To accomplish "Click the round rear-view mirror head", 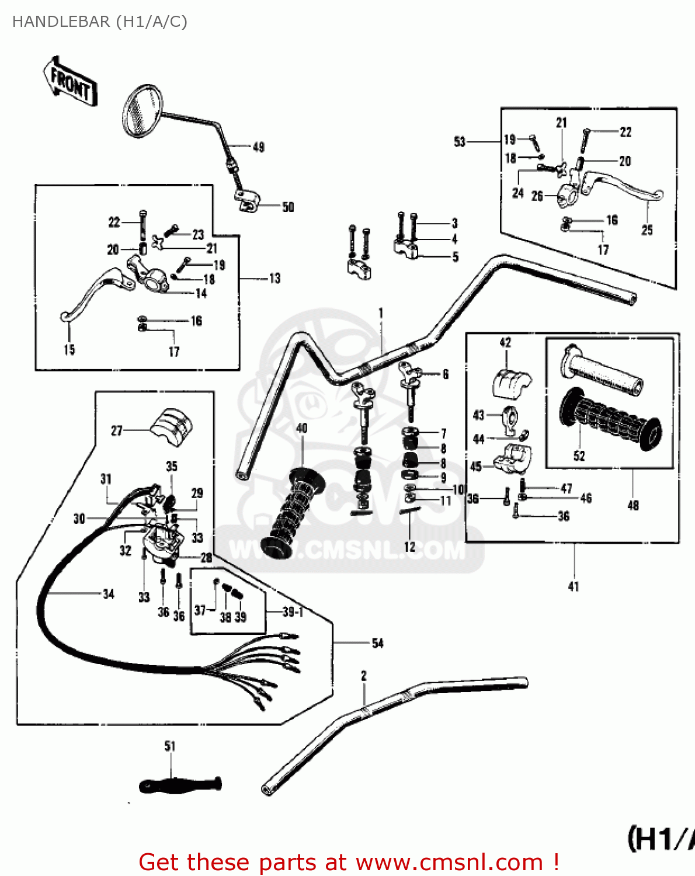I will click(x=143, y=111).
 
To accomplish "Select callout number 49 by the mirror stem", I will click(x=258, y=147).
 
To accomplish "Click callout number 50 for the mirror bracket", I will click(x=288, y=207).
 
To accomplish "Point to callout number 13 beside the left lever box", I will click(x=274, y=279).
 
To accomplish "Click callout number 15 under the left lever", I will click(x=69, y=350).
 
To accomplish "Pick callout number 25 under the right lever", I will click(x=647, y=231).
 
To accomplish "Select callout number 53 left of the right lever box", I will click(x=460, y=142).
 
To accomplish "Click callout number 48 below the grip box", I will click(x=633, y=506).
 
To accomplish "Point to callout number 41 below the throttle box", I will click(x=574, y=586).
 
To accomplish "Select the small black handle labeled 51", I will click(x=180, y=785).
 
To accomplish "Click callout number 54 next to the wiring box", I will click(x=378, y=644).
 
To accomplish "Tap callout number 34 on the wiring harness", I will click(x=109, y=595).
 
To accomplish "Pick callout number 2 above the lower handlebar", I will click(x=364, y=676).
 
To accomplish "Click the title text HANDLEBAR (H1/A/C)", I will click(x=100, y=22).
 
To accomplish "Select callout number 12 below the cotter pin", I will click(x=409, y=547).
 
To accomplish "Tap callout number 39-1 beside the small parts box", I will click(x=293, y=612).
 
